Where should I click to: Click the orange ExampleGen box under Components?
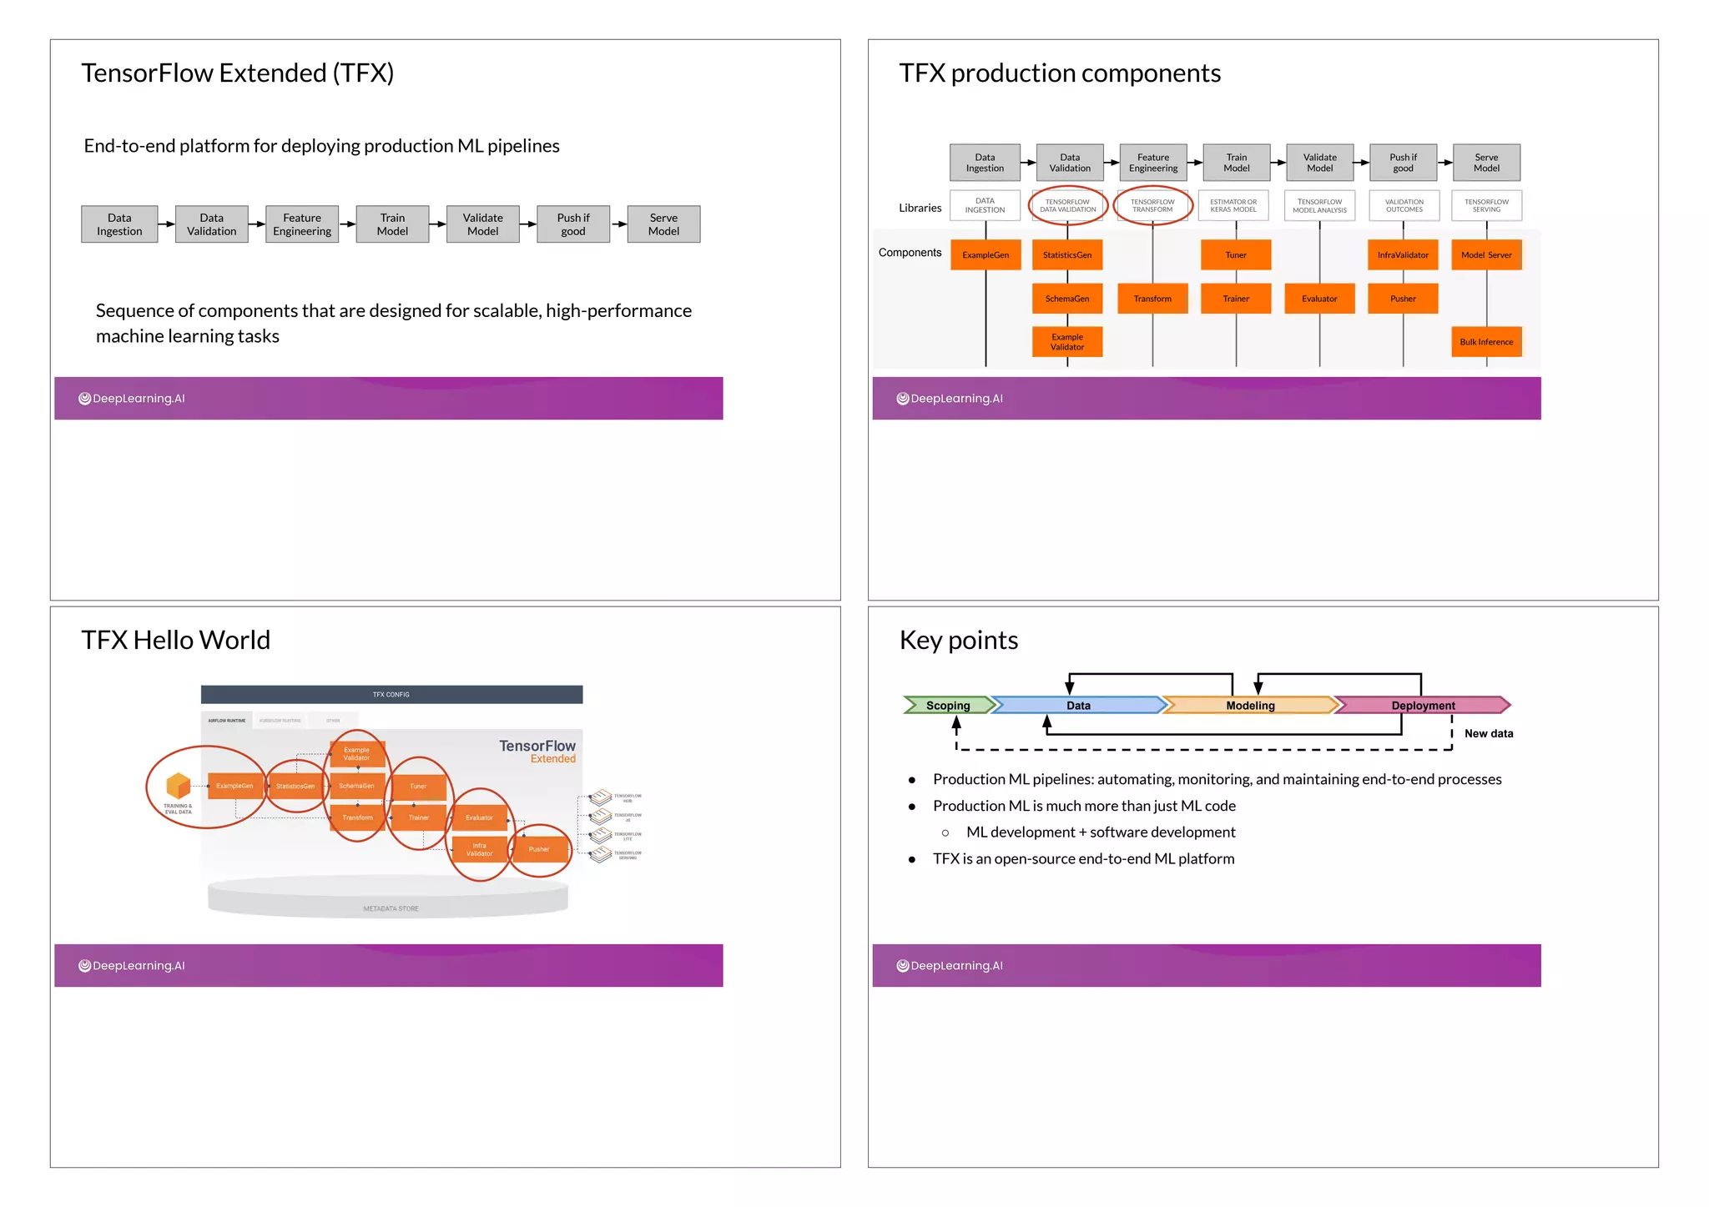986,255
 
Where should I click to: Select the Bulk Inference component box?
1486,342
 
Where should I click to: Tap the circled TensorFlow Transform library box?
1152,206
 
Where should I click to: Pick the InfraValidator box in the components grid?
1403,255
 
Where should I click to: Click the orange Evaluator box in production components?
1319,299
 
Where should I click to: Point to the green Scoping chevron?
948,706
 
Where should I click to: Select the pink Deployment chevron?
1423,706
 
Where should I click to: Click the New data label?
1489,734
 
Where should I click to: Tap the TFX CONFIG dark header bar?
391,695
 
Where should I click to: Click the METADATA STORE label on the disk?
391,908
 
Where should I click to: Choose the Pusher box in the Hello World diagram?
539,849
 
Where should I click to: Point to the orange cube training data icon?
178,786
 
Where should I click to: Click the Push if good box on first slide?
573,224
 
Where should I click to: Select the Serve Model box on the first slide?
663,224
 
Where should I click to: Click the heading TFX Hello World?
176,640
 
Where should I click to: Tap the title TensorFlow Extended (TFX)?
238,73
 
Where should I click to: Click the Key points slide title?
959,640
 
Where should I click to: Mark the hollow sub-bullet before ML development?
945,832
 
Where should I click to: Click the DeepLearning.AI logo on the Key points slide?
950,966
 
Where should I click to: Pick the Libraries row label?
920,209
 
